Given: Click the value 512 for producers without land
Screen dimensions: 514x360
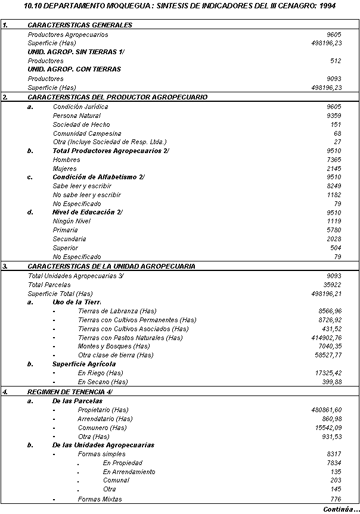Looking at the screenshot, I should click(x=335, y=61).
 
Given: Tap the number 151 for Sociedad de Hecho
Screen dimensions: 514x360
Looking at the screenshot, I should click(x=337, y=124).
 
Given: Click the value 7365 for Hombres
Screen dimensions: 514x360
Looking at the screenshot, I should click(x=334, y=160).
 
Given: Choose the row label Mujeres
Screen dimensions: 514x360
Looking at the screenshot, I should click(x=65, y=169).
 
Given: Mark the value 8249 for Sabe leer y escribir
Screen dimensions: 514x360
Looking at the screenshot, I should click(x=334, y=186).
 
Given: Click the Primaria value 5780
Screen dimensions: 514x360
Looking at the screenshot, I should click(x=334, y=230).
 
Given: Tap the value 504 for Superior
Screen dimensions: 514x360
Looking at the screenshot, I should click(x=336, y=248).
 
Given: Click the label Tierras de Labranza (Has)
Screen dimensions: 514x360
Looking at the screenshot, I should click(x=117, y=311).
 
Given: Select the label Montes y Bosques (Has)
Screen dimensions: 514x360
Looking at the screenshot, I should click(x=113, y=346).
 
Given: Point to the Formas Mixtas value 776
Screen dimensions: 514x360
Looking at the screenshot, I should click(x=336, y=499).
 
